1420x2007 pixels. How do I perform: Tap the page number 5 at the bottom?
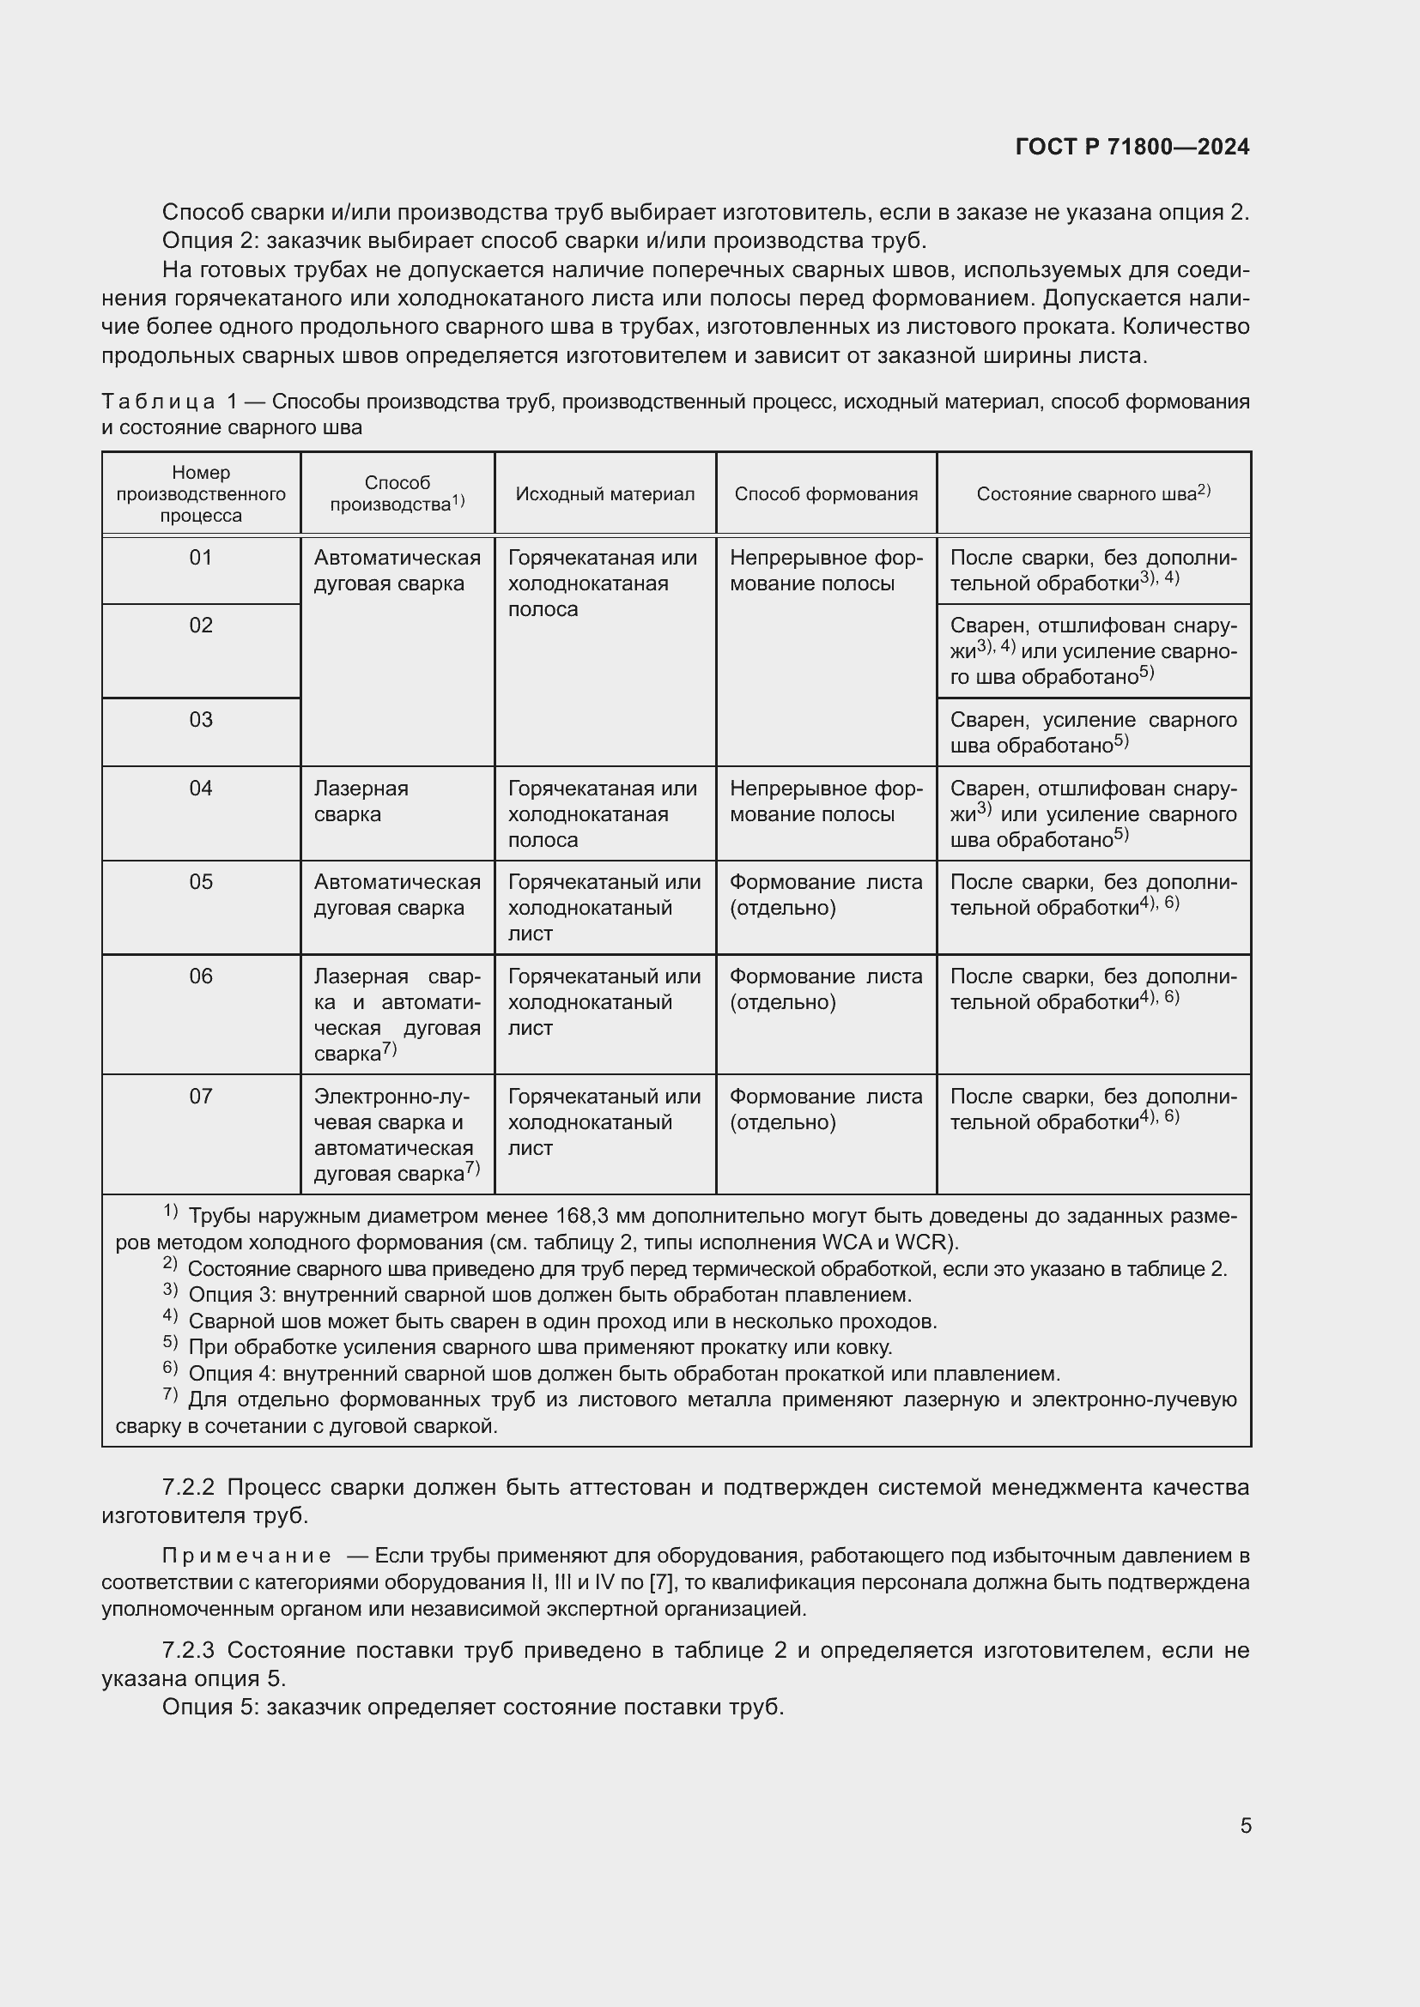[1245, 1825]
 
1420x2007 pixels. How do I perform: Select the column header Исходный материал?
[604, 494]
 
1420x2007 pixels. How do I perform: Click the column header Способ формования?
[825, 494]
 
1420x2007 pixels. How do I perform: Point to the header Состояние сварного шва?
[1092, 494]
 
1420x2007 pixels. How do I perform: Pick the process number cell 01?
[200, 558]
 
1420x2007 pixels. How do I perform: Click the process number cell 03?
[200, 719]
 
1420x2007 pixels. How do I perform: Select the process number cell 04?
[200, 789]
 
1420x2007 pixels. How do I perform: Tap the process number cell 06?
[200, 976]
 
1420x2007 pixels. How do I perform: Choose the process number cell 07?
[200, 1096]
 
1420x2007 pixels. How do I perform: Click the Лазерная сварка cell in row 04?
[361, 801]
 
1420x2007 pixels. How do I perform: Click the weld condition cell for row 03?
[1092, 733]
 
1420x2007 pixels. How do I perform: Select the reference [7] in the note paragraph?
[660, 1582]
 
